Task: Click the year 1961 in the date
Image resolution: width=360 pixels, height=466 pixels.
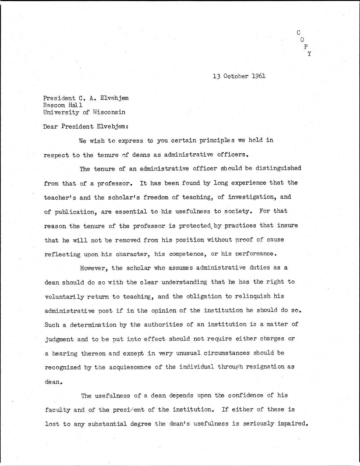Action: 258,76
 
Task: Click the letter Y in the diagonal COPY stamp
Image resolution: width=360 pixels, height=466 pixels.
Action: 309,54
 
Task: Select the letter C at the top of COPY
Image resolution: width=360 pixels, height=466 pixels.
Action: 298,33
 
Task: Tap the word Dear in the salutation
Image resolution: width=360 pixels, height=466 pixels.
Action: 51,127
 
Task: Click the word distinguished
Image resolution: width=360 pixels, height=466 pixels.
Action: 278,168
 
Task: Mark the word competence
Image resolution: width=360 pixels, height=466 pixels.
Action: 188,254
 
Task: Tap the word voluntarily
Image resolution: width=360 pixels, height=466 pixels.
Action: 64,296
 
